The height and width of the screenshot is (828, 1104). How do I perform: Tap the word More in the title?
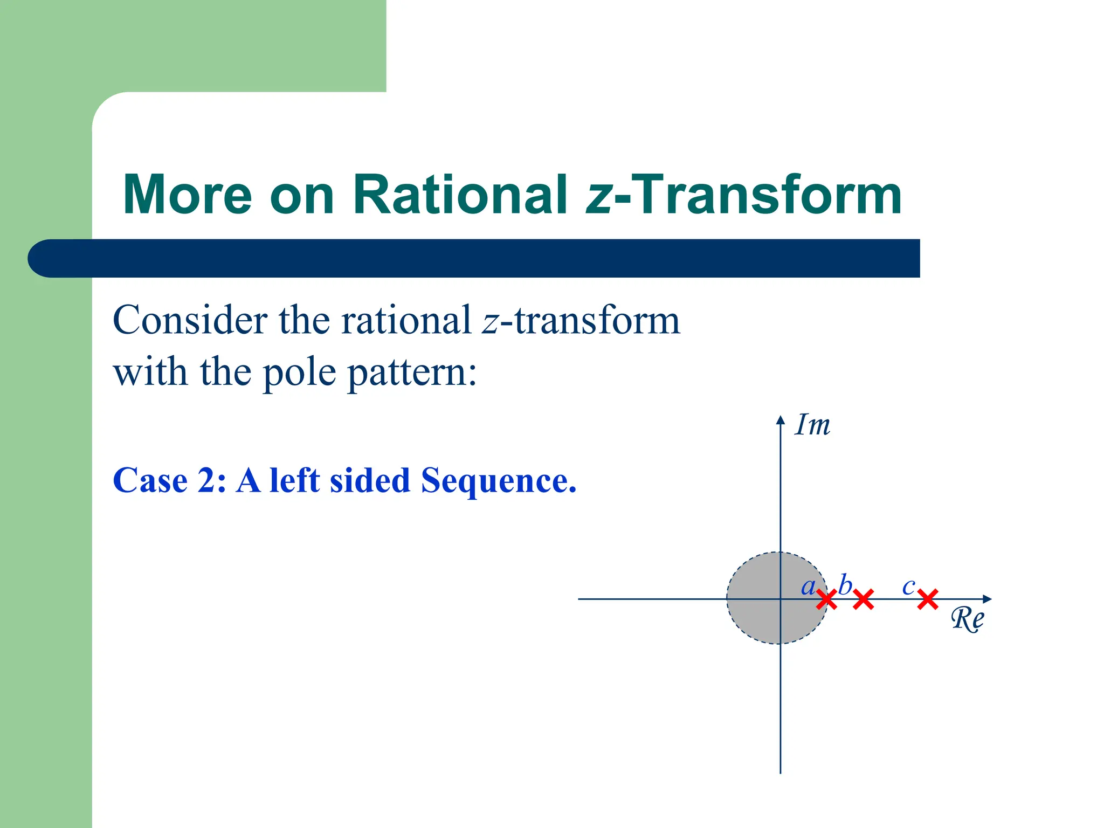coord(187,195)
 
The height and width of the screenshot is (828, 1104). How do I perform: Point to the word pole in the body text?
coord(299,374)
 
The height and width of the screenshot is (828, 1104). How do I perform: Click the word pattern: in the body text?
coord(412,374)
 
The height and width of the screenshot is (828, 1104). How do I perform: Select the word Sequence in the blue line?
coord(498,480)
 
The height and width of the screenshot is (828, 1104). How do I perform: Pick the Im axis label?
coord(812,425)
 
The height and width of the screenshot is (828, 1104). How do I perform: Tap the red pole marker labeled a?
coord(826,599)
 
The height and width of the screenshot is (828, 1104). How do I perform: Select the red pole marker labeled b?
coord(863,599)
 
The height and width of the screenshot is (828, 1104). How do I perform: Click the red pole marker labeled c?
coord(928,599)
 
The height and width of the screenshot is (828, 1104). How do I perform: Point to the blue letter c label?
coord(908,586)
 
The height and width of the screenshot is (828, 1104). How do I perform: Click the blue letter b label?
coord(845,585)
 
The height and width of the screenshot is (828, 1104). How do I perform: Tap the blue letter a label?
coord(808,586)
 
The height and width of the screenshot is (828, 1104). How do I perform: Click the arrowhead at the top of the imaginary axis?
coord(780,420)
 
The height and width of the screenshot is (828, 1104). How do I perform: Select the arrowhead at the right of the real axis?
coord(986,599)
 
